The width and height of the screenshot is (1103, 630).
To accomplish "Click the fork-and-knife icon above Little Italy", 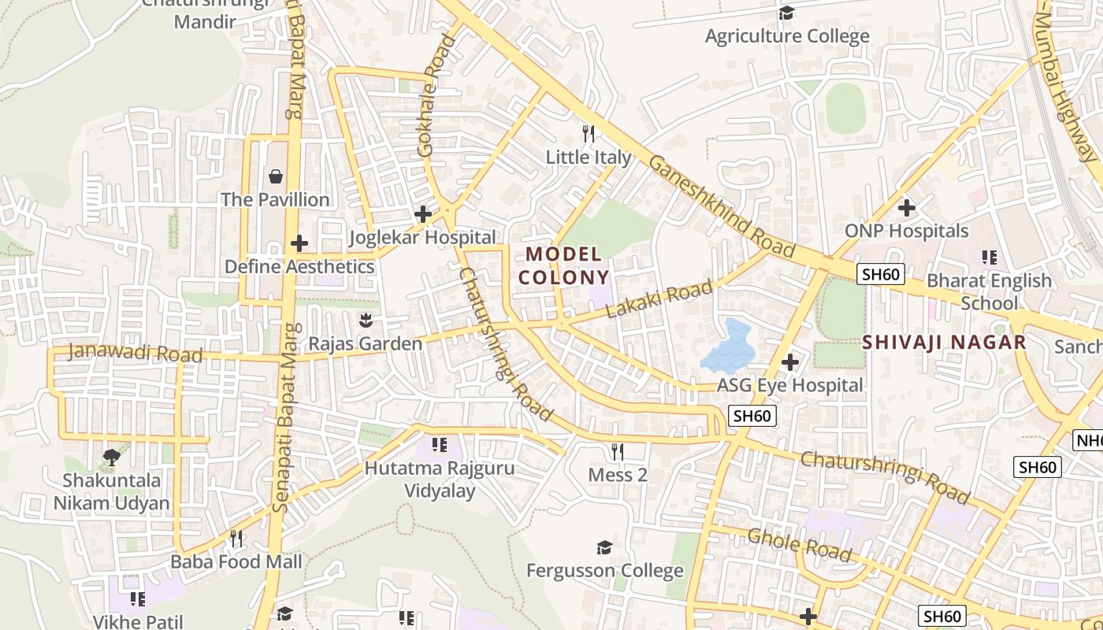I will pos(588,134).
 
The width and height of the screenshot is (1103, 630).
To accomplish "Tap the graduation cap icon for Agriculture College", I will pos(786,13).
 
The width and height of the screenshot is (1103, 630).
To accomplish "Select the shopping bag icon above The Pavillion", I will pos(275,176).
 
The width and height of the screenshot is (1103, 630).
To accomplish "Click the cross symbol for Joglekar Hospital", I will pos(423,213).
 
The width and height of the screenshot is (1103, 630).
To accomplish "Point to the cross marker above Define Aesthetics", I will pos(299,243).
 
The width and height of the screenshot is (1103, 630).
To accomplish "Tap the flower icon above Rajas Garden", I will pos(365,321).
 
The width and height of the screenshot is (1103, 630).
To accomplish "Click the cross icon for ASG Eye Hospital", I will pos(790,362).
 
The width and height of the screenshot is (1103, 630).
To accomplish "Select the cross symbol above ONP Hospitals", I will pos(906,208).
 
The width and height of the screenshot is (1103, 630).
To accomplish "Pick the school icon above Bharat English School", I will pos(990,258).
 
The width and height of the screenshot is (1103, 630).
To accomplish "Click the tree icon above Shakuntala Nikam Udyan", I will pos(112,457).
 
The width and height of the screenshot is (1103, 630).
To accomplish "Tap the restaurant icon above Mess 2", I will pos(618,451).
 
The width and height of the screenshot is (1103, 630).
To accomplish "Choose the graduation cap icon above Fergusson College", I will pos(604,547).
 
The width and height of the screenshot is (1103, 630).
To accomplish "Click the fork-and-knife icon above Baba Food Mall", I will pos(236,539).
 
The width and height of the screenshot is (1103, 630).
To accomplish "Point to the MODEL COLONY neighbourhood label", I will pos(563,265).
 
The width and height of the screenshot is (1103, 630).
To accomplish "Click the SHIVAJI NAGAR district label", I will pos(944,342).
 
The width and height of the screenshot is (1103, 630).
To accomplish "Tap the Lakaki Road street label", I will pos(659,299).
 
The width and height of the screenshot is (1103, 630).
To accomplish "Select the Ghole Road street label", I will pos(799,544).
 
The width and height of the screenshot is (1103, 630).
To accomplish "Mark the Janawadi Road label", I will pos(135,352).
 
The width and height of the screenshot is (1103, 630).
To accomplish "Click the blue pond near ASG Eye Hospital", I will pos(728,348).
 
